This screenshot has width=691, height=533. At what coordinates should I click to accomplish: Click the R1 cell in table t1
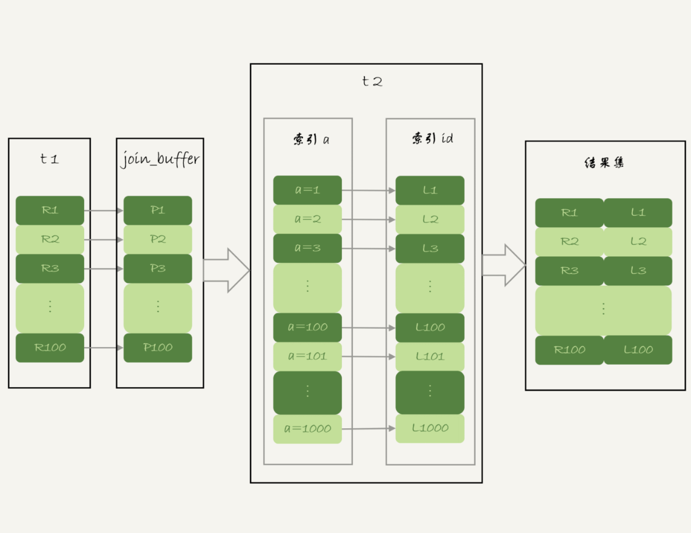pos(50,210)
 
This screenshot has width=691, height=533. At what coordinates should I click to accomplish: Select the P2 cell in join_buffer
pos(157,239)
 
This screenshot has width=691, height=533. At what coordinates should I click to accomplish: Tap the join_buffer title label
pos(160,160)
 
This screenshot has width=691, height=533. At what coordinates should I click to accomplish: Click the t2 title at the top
pos(372,81)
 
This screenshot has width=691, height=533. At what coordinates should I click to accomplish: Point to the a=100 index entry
pos(307,327)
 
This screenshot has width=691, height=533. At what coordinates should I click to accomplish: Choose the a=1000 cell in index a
pos(307,429)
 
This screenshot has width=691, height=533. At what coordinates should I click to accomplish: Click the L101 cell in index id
pos(430,356)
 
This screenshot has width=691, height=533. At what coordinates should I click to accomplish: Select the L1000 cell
pos(430,428)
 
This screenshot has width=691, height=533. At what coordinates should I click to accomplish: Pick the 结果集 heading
pos(604,162)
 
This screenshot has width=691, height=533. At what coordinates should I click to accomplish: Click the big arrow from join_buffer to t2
pos(226,270)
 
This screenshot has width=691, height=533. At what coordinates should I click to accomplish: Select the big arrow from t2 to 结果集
pos(503,265)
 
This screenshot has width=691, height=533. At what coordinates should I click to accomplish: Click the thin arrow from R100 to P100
pos(103,348)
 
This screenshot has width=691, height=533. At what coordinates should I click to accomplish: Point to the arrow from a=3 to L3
pos(368,248)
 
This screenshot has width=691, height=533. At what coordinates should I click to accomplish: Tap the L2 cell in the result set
pos(638,241)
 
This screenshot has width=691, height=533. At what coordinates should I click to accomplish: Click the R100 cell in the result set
pos(569,349)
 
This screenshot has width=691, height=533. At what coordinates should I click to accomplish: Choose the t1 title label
pos(49,160)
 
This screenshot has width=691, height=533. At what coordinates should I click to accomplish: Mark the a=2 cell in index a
pos(307,219)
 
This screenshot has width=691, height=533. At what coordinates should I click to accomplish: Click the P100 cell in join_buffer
pos(157,348)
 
